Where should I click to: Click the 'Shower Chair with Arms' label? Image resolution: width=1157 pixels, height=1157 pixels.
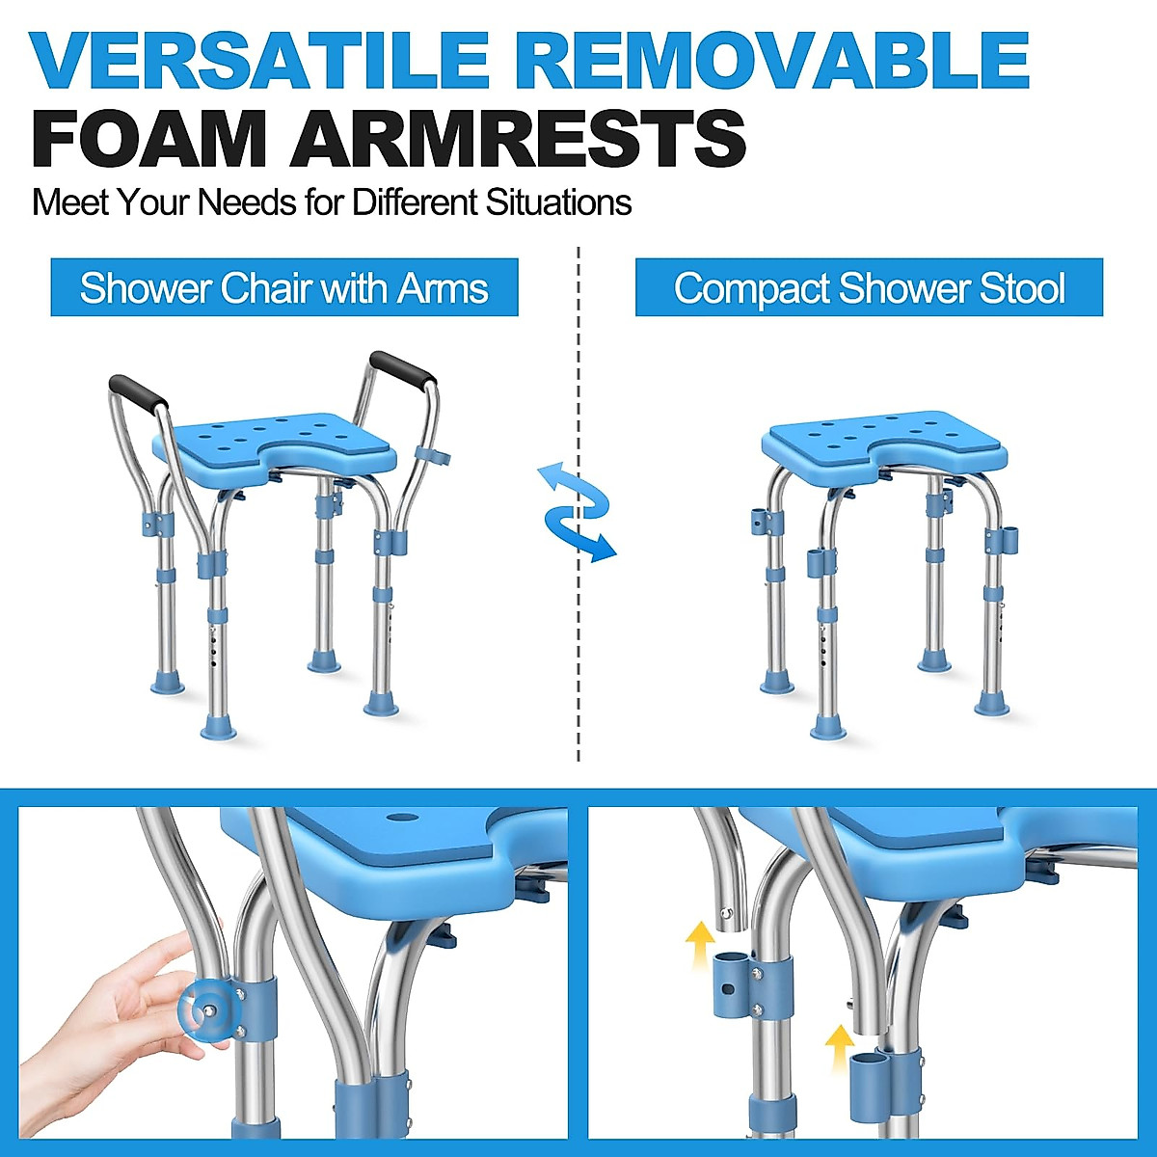284,288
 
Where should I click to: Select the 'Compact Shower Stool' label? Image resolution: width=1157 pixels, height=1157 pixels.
869,288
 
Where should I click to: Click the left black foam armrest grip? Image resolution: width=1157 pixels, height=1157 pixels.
138,390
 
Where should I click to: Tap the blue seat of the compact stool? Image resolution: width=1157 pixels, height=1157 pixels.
882,439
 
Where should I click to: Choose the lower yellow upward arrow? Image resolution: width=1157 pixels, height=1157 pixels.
841,1046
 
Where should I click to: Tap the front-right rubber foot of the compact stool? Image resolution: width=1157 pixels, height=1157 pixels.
992,704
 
